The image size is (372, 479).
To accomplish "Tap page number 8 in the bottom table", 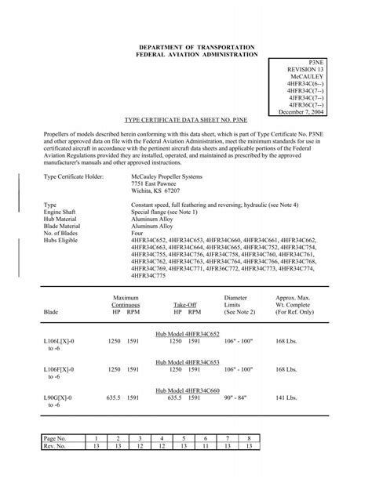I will point(248,437).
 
